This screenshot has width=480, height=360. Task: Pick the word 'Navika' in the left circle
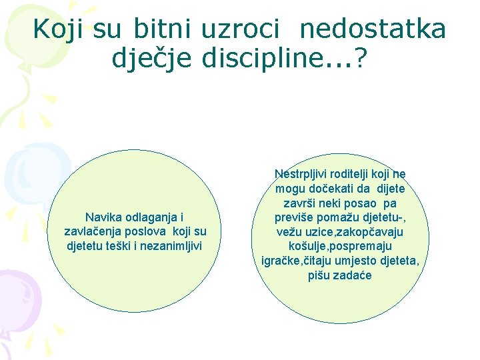(x=103, y=217)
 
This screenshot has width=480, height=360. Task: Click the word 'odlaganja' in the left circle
(x=151, y=217)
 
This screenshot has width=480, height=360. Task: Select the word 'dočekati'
(x=331, y=189)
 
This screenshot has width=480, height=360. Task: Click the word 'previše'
(x=295, y=217)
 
